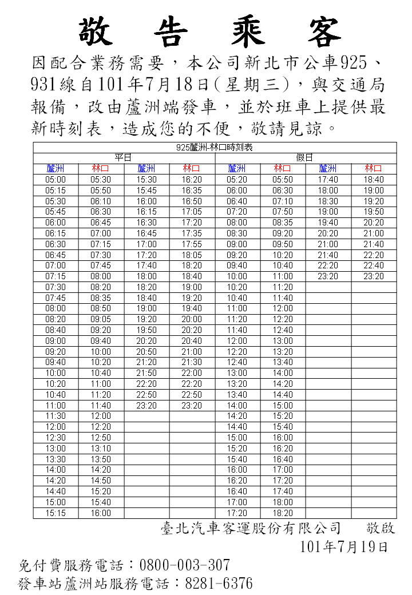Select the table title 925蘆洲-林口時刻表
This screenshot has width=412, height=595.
point(215,147)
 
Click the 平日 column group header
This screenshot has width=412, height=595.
point(124,157)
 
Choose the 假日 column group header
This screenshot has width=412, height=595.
point(305,157)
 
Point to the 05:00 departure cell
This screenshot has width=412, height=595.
point(56,180)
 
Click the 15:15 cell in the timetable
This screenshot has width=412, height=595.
point(56,513)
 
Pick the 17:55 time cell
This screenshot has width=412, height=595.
point(192,244)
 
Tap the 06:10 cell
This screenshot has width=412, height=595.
point(101,201)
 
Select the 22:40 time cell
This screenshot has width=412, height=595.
point(374,265)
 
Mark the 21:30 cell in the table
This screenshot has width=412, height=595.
point(192,362)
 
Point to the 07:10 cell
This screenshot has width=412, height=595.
point(283,201)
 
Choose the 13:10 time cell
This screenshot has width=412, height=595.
point(101,449)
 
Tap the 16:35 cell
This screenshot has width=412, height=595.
point(192,191)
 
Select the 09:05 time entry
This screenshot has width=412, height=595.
point(101,319)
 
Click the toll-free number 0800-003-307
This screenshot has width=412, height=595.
point(184,565)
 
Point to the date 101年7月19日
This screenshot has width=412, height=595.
point(344,547)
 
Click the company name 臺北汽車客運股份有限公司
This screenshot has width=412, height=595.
point(251,528)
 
